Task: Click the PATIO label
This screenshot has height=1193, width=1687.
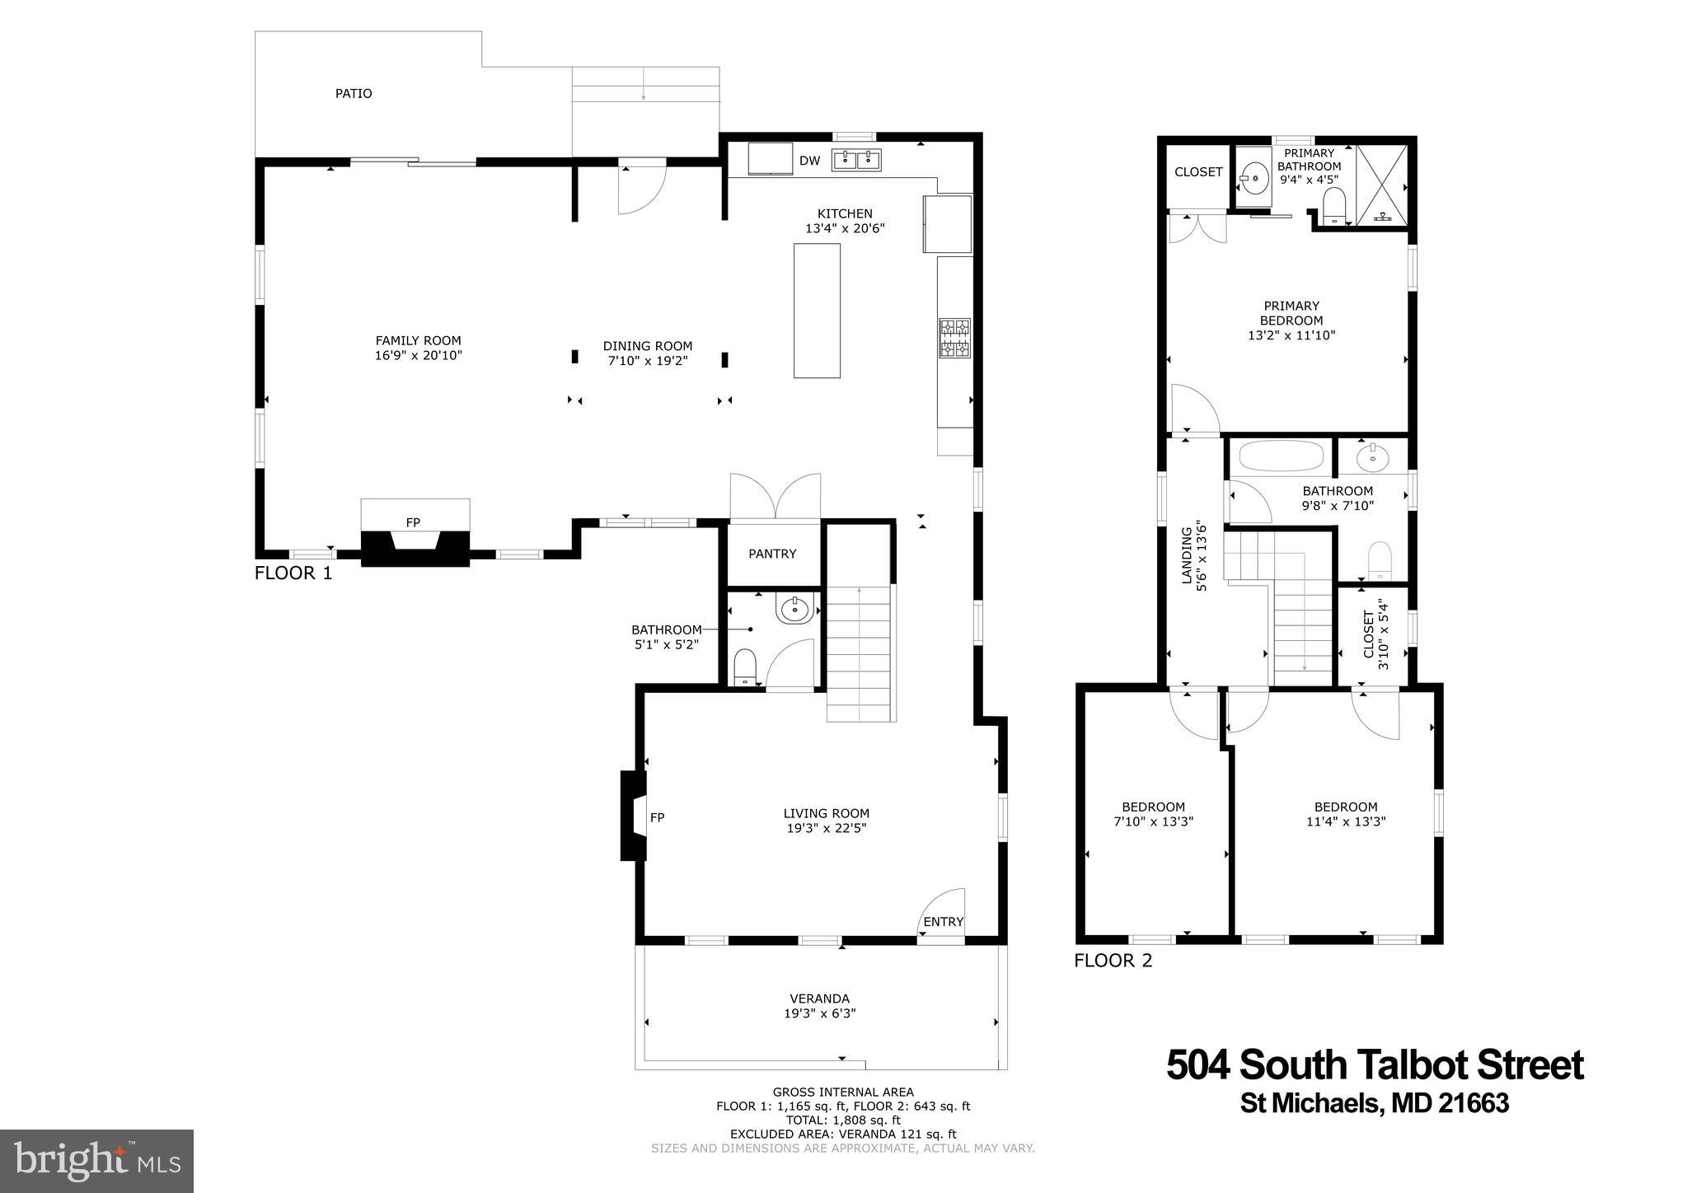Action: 353,94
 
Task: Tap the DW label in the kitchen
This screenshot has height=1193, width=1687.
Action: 809,161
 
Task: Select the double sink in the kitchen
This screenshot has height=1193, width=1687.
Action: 856,160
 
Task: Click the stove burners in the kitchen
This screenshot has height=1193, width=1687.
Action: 954,338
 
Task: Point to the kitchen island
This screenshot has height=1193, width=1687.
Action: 817,311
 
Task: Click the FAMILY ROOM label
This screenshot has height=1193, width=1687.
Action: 418,340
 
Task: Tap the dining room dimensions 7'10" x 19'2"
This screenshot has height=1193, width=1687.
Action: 647,361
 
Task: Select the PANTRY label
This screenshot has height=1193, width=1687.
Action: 772,554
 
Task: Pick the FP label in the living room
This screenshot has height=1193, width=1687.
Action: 657,817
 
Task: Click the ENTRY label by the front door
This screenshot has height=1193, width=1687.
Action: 943,921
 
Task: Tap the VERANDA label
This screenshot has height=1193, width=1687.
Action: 819,999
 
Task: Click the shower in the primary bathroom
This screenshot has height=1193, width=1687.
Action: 1381,185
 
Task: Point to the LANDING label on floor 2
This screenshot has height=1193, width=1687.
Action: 1187,556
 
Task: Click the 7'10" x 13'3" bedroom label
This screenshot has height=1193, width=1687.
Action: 1153,821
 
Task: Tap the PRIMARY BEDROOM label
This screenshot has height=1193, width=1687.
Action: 1291,313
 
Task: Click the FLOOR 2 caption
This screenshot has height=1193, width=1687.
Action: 1113,960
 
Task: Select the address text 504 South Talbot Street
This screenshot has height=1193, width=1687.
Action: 1374,1064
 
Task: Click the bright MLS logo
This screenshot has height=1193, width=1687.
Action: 96,1161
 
